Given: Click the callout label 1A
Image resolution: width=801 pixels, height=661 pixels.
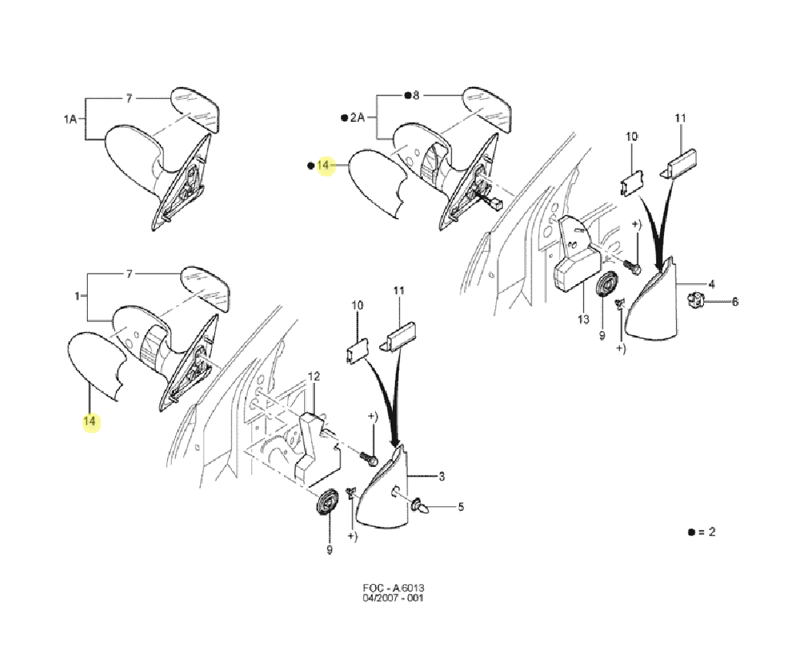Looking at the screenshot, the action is (x=70, y=119).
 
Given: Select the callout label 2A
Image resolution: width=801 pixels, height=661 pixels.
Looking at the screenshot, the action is (x=357, y=118).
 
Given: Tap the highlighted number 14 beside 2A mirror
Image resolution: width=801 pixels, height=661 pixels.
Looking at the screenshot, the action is (x=323, y=165).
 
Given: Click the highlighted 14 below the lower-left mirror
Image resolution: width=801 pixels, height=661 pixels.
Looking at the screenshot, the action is (x=89, y=421).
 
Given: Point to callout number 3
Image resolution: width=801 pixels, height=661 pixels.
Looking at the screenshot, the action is (x=442, y=476).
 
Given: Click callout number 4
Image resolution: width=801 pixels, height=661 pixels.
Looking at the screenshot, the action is (x=712, y=284).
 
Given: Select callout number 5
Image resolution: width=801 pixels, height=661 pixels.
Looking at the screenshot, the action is (x=461, y=507).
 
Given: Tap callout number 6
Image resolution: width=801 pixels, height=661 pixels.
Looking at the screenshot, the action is (x=735, y=301).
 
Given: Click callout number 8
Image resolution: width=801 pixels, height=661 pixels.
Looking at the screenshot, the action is (x=416, y=95).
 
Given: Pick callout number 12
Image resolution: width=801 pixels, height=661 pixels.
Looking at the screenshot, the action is (x=313, y=377).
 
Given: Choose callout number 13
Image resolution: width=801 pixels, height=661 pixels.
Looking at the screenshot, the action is (x=583, y=319).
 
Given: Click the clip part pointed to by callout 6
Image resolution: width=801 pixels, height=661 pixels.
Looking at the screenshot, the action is (x=695, y=300).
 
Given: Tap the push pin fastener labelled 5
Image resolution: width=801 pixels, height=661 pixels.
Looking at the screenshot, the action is (x=419, y=507).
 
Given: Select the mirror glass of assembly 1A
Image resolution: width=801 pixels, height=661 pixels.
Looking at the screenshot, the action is (x=195, y=109).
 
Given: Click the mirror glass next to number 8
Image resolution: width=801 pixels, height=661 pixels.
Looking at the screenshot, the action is (x=487, y=109).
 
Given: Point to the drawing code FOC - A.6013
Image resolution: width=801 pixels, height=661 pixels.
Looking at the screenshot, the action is (x=394, y=588).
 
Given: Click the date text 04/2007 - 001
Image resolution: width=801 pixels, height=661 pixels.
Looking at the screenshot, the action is (x=394, y=598).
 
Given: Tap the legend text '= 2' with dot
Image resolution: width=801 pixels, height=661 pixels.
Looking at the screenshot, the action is (x=702, y=532).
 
